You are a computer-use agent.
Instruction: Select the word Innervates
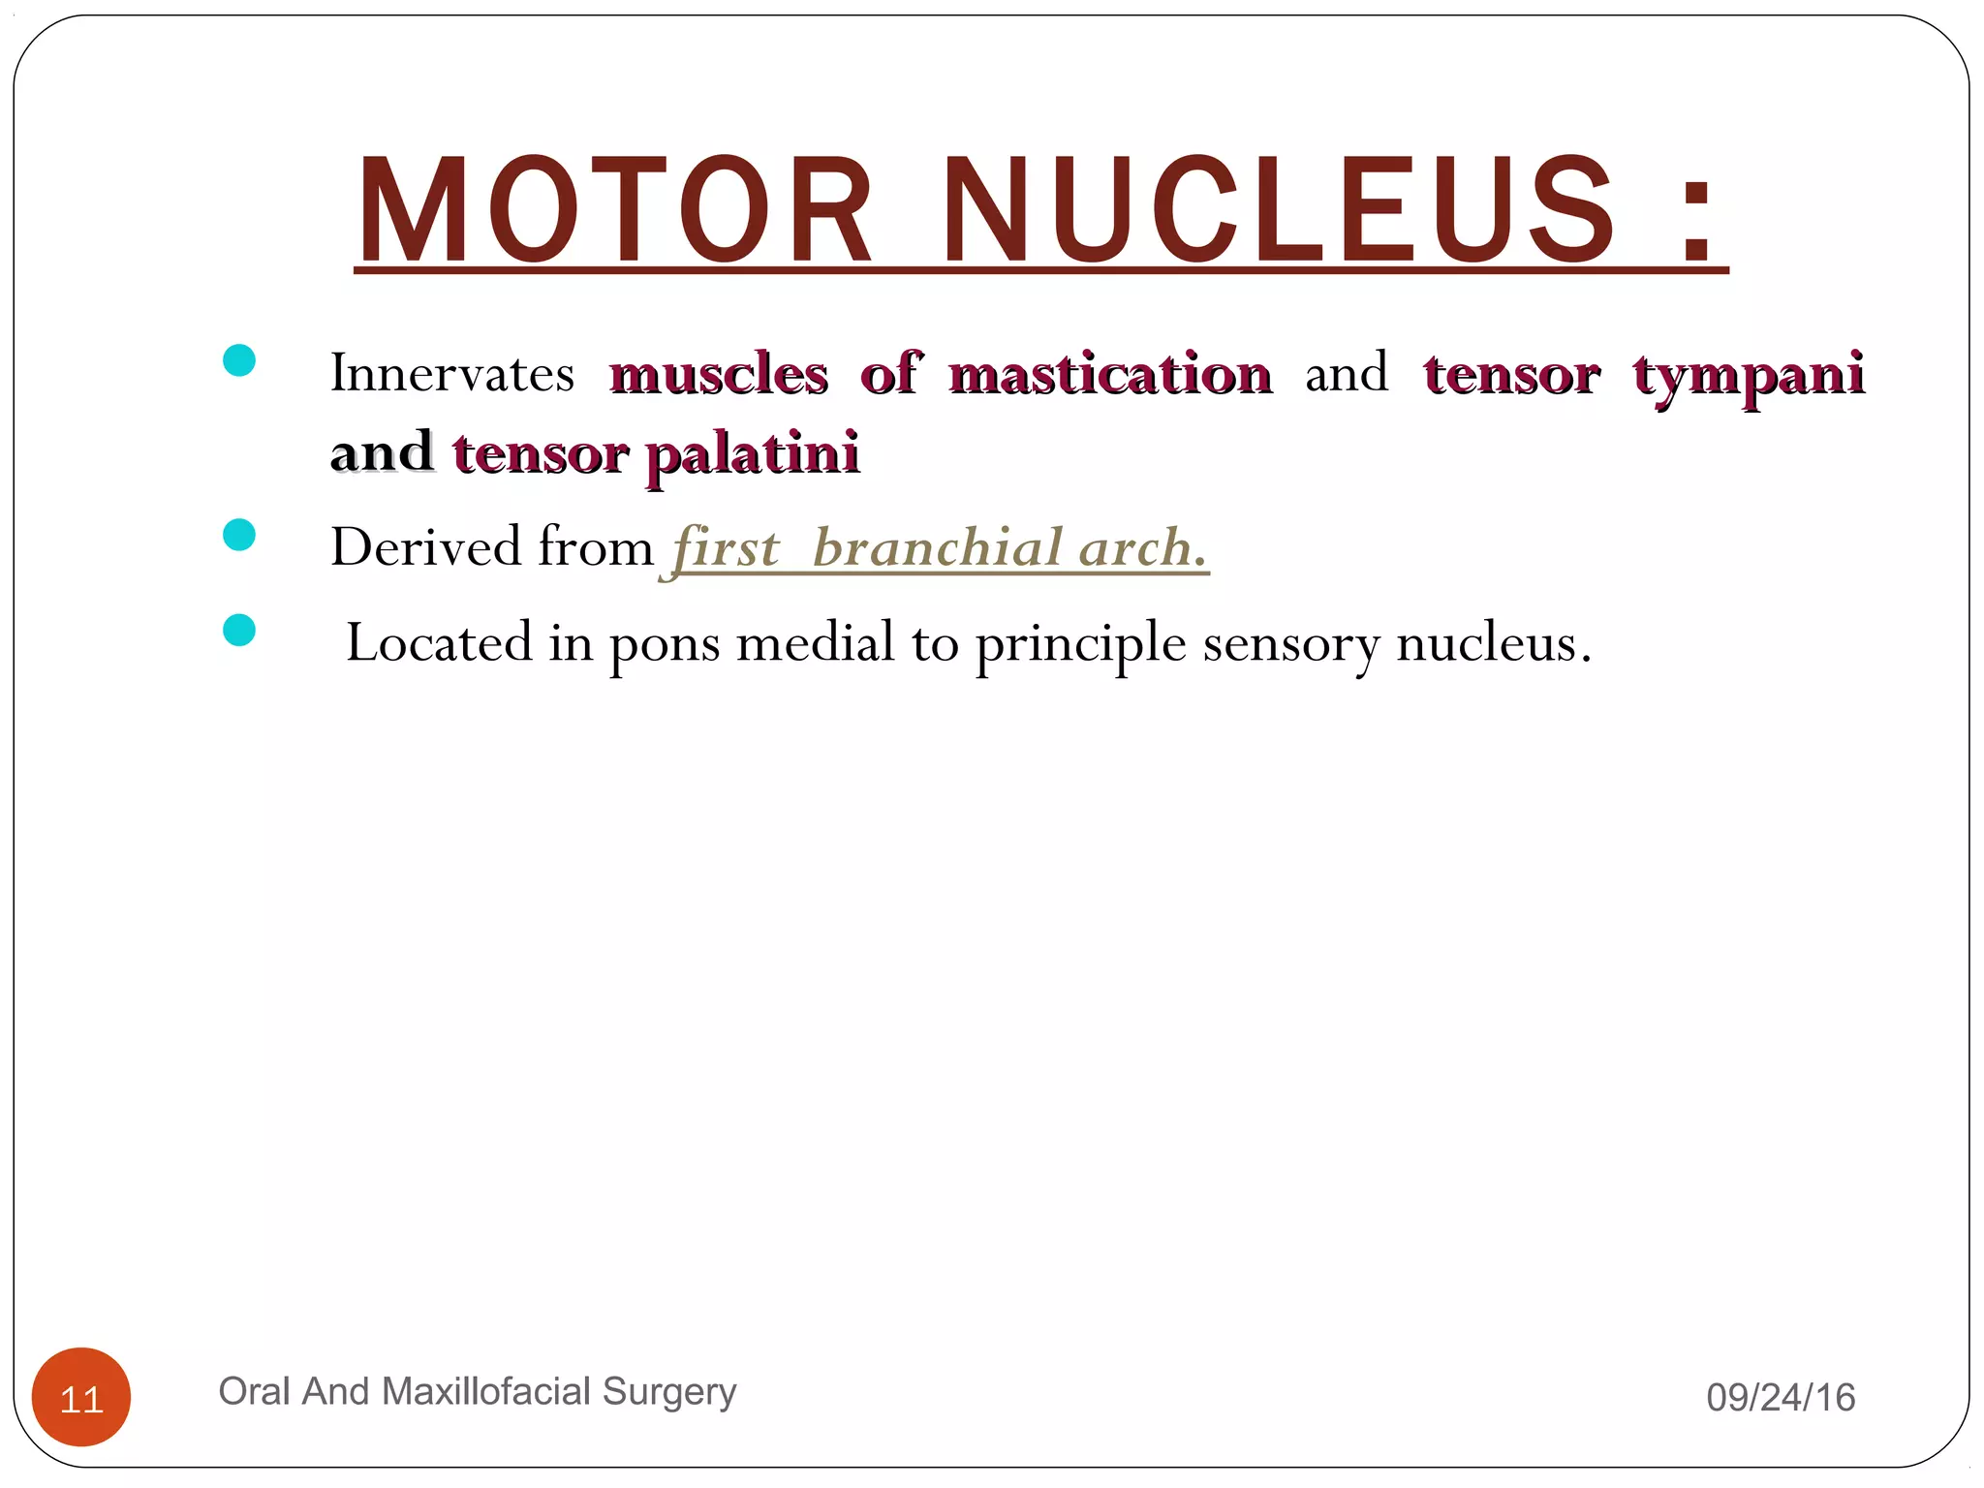[x=452, y=373]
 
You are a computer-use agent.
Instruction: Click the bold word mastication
[x=1110, y=375]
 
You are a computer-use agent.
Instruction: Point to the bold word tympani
[x=1749, y=375]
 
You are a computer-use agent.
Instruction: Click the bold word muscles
[x=719, y=375]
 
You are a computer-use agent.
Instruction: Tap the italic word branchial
[x=938, y=548]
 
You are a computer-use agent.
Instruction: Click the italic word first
[x=726, y=548]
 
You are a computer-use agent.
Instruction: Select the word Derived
[x=426, y=547]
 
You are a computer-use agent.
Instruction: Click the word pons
[x=665, y=644]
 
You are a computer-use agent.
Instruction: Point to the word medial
[x=816, y=642]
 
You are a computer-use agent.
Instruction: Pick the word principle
[x=1080, y=644]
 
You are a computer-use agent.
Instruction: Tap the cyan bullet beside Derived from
[x=239, y=535]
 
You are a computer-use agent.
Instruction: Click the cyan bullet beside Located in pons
[x=239, y=631]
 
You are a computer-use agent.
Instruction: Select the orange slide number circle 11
[x=81, y=1397]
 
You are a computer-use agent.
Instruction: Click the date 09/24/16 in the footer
[x=1781, y=1398]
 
